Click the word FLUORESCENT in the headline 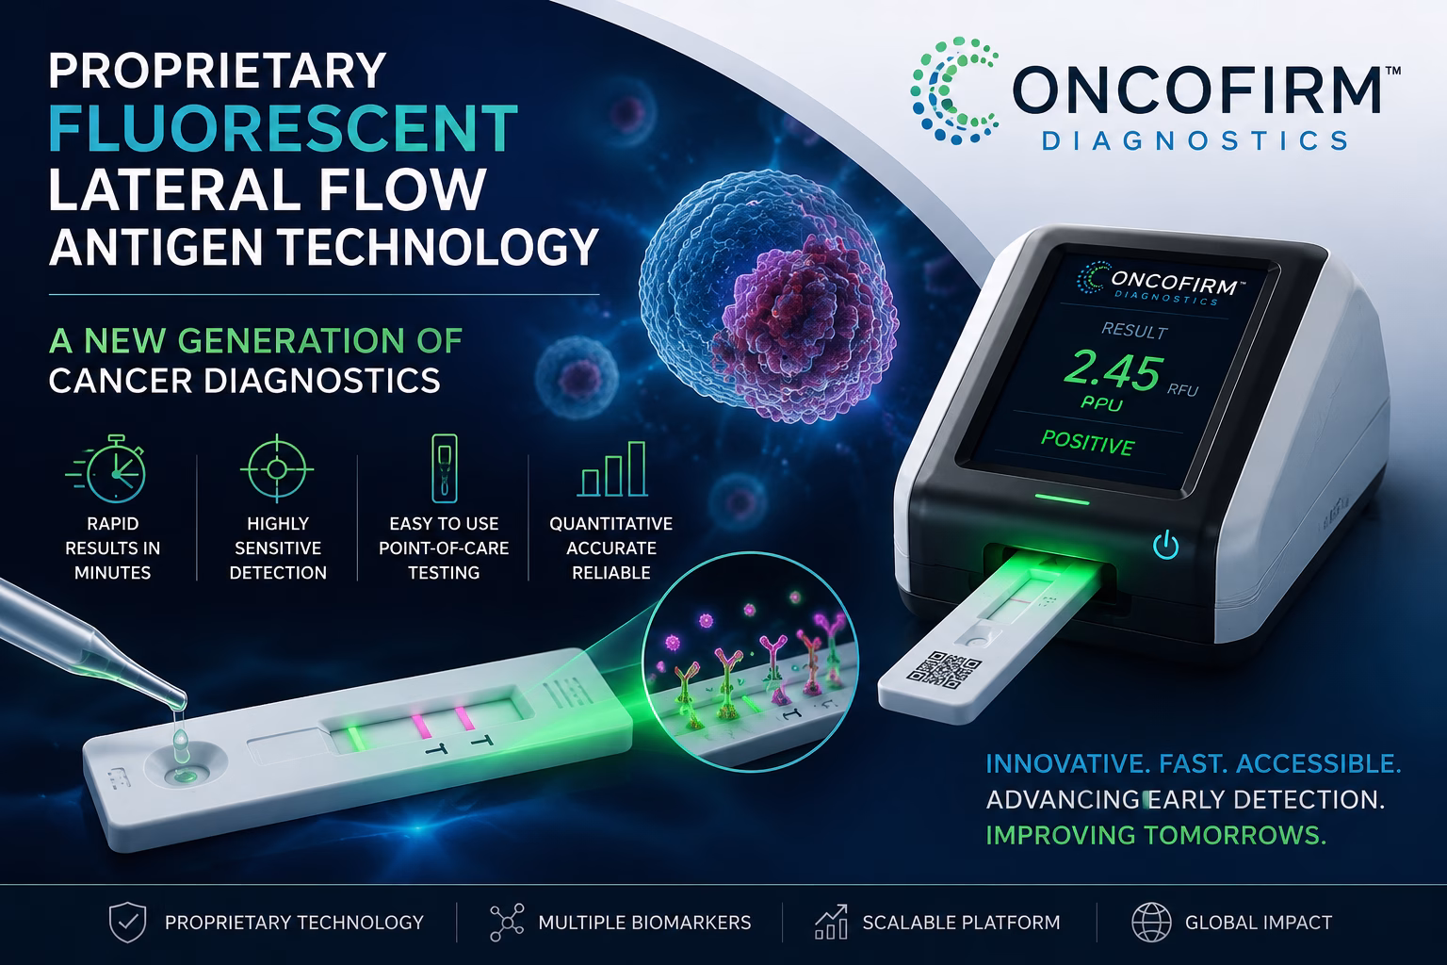283,128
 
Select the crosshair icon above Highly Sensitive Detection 277,468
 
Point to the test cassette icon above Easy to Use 444,468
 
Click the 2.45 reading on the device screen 1113,371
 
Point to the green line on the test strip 354,738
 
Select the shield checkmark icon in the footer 127,923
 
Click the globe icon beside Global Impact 1151,923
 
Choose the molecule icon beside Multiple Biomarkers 507,923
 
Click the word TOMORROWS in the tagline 1235,835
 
